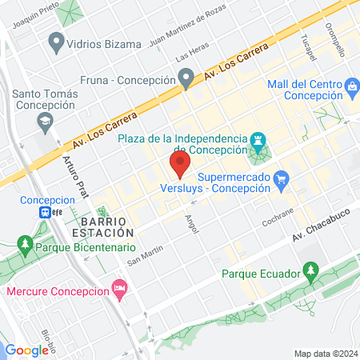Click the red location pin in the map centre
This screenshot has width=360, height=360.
[179, 166]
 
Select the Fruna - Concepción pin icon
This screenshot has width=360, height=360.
[186, 79]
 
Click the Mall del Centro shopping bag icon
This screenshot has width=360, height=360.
[351, 85]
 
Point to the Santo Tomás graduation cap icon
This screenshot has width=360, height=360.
[44, 120]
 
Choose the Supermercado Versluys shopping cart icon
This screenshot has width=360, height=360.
[280, 179]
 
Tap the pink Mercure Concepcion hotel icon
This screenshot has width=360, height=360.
[120, 286]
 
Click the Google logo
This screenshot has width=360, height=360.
[27, 350]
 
